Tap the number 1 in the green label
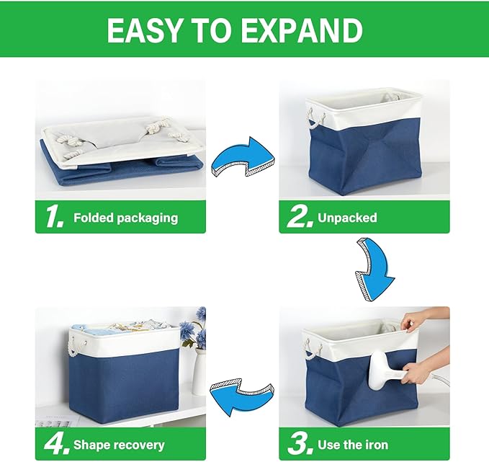click(53, 217)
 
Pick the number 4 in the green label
click(54, 444)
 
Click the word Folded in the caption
click(95, 217)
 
